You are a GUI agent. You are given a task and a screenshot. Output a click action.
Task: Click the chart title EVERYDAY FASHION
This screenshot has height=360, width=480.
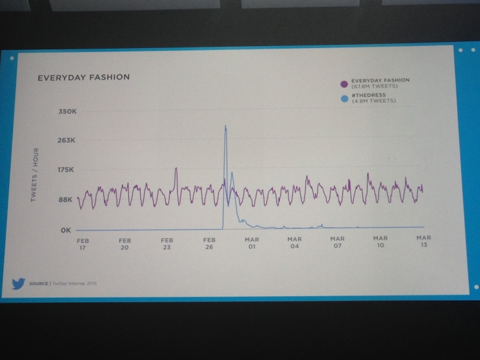point(84,77)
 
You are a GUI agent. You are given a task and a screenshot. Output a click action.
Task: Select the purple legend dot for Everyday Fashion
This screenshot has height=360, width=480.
point(343,84)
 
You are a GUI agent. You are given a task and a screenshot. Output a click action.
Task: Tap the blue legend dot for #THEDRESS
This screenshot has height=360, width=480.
point(343,99)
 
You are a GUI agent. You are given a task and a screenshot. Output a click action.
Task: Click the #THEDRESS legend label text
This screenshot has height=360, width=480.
point(368,96)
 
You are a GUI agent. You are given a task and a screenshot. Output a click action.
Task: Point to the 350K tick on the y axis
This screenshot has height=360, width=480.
point(68,113)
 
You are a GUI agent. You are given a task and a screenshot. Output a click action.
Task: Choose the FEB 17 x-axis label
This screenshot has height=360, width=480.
point(82,244)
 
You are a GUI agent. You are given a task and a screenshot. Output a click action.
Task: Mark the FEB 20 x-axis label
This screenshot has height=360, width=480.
point(125,244)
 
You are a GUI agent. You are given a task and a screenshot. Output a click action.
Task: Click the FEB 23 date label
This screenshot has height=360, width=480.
point(167,244)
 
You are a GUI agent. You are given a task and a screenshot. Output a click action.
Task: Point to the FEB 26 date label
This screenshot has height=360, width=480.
point(210,244)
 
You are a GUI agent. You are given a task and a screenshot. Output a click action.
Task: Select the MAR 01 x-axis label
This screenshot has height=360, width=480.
point(252,244)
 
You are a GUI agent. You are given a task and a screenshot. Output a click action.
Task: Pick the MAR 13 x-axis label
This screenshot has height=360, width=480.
point(423,241)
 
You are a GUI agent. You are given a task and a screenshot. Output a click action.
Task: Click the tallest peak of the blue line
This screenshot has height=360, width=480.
point(226,126)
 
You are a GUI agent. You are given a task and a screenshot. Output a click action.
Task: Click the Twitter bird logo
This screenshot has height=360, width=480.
point(18,284)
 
